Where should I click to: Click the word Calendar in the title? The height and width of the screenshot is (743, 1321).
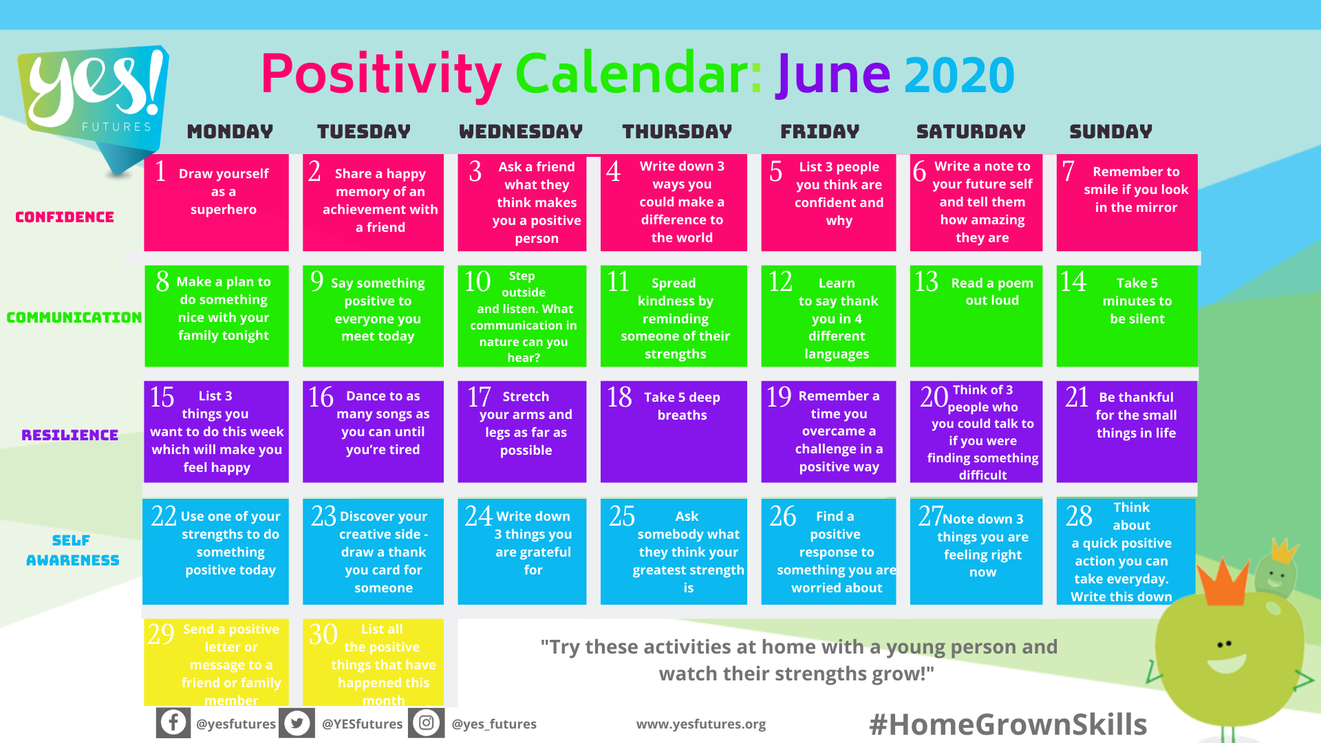[x=638, y=74]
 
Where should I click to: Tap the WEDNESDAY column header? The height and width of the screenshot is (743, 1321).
[x=521, y=131]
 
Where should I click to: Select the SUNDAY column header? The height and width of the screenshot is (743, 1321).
[x=1110, y=131]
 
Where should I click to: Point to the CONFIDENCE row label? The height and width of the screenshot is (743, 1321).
[x=65, y=217]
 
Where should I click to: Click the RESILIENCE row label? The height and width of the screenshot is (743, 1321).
[x=70, y=435]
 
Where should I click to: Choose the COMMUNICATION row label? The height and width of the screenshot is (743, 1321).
[x=74, y=318]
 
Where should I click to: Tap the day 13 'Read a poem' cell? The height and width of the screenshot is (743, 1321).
[x=976, y=316]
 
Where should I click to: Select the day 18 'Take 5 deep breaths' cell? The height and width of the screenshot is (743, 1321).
[x=674, y=431]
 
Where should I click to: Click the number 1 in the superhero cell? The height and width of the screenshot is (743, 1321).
[x=161, y=171]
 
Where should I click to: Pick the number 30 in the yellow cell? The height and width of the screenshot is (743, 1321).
[x=323, y=634]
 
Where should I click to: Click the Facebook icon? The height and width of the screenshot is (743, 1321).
[x=173, y=723]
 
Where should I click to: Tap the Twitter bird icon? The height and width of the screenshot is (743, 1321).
[x=297, y=723]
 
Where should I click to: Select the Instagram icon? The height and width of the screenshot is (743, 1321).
[x=427, y=723]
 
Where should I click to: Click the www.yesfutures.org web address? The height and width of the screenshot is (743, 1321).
[x=701, y=724]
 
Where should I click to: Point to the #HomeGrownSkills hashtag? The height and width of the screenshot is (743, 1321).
[x=1008, y=724]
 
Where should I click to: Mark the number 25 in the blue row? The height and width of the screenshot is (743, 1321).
[x=622, y=517]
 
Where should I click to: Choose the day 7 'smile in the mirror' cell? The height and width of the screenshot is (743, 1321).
[x=1127, y=202]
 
